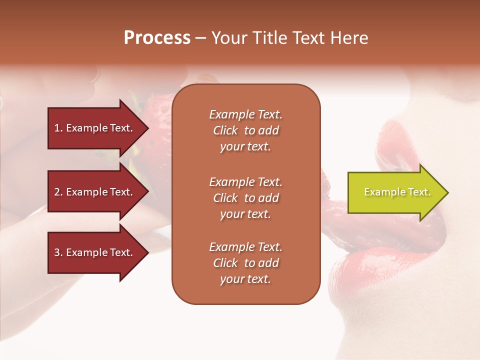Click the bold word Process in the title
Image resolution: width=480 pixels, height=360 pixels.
coord(157,38)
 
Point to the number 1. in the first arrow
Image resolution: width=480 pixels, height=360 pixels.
coord(58,128)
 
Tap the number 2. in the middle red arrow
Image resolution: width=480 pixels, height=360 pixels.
coord(58,192)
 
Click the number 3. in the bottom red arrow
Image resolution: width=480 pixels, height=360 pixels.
coord(58,252)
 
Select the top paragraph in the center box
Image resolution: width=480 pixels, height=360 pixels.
coord(245,130)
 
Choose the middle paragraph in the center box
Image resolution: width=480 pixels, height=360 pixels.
coord(245,197)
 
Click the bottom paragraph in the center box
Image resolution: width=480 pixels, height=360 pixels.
coord(245,263)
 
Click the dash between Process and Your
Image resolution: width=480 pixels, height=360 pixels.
coord(200,38)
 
